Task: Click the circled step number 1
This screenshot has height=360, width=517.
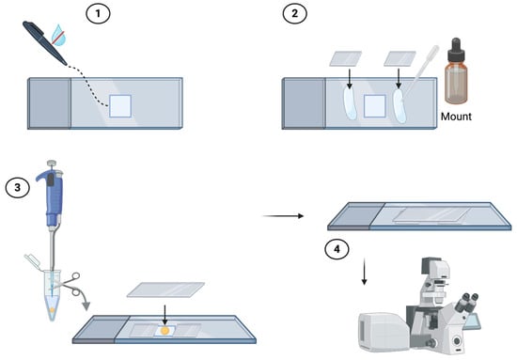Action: point(98,14)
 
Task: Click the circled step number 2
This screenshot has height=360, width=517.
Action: point(295,14)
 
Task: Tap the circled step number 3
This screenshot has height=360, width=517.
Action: point(18,188)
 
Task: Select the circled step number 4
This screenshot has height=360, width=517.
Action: point(337,250)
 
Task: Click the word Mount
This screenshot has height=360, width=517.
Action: point(456,117)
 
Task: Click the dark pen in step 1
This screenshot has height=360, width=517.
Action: point(44,42)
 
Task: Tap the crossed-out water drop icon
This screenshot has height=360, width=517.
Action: point(58,35)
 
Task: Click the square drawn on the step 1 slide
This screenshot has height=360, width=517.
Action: point(120,106)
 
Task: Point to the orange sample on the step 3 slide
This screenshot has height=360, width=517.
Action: point(164,330)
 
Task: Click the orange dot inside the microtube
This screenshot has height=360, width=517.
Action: point(52,310)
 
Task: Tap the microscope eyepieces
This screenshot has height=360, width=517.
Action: point(466,302)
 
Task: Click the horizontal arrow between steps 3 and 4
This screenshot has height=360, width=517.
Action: point(283,216)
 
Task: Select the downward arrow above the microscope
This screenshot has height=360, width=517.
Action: point(364,272)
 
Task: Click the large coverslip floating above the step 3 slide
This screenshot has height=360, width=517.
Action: point(165,290)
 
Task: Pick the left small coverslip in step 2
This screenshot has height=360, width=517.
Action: point(346,58)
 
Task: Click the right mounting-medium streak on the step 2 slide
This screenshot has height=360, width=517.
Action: point(399,106)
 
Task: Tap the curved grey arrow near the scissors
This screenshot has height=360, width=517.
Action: point(83,298)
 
